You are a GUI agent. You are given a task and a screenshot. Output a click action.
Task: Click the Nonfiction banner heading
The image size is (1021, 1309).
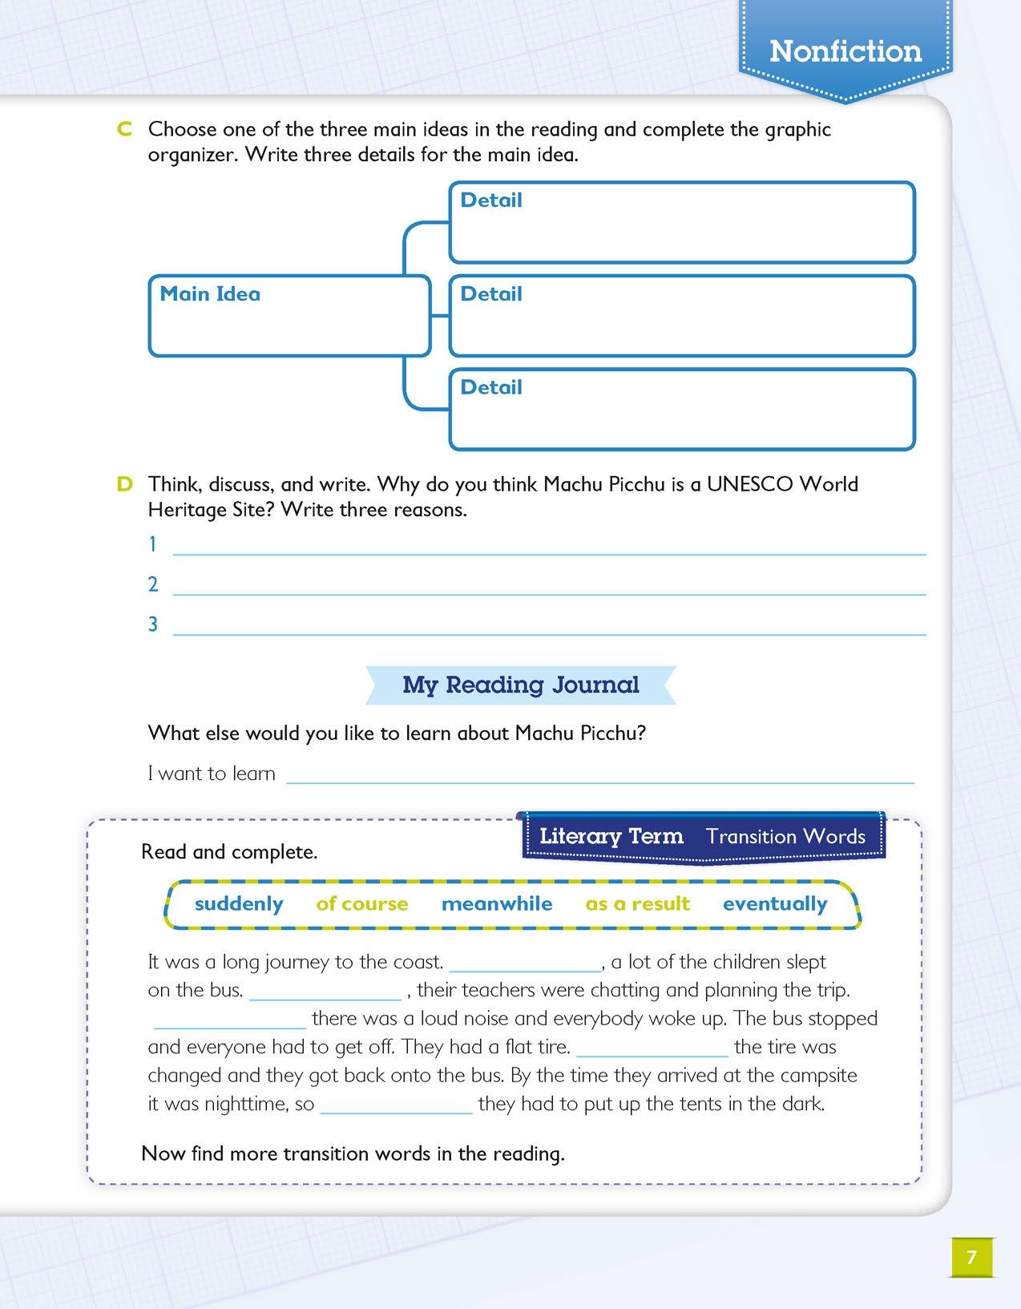(x=845, y=51)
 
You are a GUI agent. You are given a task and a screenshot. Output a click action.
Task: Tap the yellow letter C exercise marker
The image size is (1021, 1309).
(x=124, y=130)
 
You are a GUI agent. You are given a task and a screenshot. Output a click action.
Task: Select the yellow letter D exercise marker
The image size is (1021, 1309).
(x=124, y=484)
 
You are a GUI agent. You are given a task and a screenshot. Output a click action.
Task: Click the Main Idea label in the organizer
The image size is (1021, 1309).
(x=210, y=294)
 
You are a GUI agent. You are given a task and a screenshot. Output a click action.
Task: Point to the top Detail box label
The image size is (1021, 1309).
(x=490, y=200)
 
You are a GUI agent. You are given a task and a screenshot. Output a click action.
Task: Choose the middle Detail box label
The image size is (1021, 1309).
(x=490, y=294)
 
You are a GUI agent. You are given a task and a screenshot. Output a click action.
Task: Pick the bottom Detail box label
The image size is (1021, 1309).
(x=490, y=387)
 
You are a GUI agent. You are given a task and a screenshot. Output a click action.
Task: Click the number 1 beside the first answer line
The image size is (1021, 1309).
(x=152, y=545)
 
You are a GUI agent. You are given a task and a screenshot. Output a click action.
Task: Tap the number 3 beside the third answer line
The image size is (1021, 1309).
(x=152, y=624)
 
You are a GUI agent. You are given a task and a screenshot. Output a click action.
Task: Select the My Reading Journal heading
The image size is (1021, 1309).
(x=521, y=685)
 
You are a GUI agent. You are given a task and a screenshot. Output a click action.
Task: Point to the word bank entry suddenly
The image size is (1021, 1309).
(x=239, y=904)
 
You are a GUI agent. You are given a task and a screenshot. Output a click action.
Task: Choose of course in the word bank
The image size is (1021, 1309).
(x=362, y=904)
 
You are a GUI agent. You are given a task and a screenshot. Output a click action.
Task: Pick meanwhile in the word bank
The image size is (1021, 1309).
(x=497, y=904)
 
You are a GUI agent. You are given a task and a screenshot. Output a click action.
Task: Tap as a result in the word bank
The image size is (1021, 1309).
(x=637, y=904)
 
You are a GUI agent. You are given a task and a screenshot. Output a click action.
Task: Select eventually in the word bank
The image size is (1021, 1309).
(x=775, y=904)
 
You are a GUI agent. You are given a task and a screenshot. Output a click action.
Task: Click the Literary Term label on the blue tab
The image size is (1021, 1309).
(x=611, y=836)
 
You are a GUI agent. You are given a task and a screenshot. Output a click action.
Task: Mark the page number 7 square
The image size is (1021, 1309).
(x=971, y=1257)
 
